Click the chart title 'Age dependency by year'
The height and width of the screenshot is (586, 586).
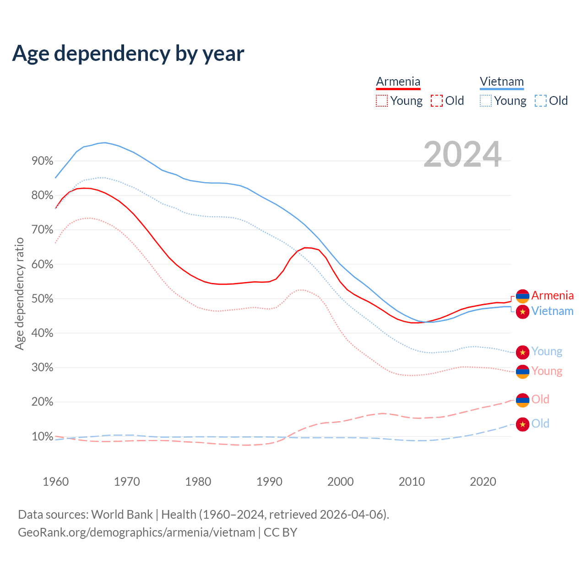click(128, 54)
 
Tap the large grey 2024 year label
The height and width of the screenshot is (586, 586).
click(462, 154)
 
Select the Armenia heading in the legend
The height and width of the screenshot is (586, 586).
click(398, 81)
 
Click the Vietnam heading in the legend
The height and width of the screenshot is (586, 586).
click(502, 81)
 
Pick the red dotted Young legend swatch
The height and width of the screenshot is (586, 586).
click(381, 101)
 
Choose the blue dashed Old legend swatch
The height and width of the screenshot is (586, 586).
click(540, 101)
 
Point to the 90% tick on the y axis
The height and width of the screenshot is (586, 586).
click(42, 161)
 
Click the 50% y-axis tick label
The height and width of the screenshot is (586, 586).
click(42, 299)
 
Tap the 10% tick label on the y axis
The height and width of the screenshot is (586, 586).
click(42, 436)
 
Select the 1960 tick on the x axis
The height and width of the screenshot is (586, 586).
click(55, 482)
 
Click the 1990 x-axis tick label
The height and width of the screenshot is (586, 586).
click(269, 482)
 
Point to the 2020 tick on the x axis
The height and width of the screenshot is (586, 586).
click(483, 482)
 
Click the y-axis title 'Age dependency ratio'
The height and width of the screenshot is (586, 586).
click(19, 293)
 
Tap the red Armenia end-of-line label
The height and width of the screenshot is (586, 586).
click(552, 296)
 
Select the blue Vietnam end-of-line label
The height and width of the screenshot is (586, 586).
click(552, 311)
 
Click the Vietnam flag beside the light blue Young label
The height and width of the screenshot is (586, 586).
click(522, 352)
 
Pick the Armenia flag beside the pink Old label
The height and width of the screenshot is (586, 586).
click(522, 400)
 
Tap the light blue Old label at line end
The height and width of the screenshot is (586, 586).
click(540, 424)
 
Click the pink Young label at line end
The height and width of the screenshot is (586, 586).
click(547, 371)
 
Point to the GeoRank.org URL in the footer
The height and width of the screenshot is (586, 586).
click(136, 532)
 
